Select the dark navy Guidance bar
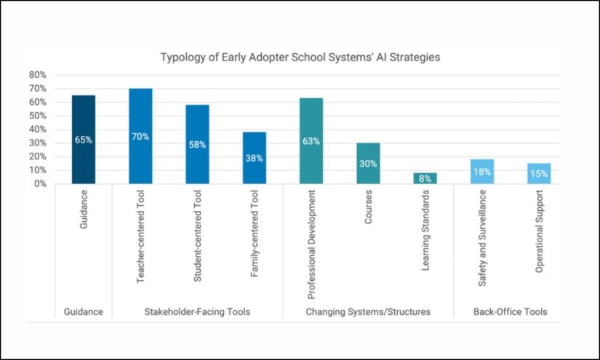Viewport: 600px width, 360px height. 83,140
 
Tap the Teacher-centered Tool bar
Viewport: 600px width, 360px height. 140,136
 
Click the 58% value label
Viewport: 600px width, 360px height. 197,145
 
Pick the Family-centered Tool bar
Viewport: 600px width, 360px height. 254,158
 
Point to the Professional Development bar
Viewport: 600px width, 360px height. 311,141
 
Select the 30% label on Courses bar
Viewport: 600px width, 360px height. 368,164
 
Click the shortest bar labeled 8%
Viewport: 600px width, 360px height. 425,178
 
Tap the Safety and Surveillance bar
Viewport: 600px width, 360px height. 481,172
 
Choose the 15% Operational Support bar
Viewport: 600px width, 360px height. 539,174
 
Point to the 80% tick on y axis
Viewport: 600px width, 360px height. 38,75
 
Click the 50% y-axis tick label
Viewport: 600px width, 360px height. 38,116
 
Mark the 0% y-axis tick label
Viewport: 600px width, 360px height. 40,184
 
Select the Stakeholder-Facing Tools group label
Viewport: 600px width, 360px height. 197,312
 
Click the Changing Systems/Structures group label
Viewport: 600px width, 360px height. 368,312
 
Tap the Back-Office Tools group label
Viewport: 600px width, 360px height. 510,312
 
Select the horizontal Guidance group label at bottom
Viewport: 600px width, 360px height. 83,312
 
